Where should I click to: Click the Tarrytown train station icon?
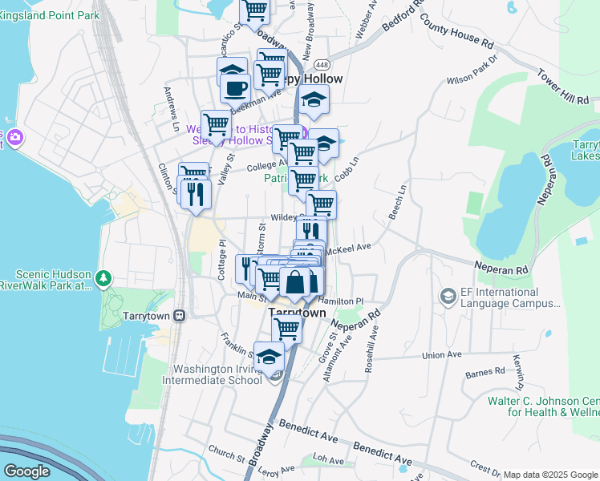(x=180, y=315)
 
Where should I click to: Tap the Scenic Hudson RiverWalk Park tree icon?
(x=103, y=279)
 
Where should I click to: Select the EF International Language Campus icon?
(x=448, y=297)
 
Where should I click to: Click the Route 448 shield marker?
(x=322, y=64)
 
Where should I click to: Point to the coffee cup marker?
(x=235, y=88)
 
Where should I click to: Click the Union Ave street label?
(x=442, y=354)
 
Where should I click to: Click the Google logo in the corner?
(x=26, y=471)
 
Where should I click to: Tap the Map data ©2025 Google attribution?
(x=549, y=475)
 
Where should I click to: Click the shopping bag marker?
(x=295, y=282)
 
